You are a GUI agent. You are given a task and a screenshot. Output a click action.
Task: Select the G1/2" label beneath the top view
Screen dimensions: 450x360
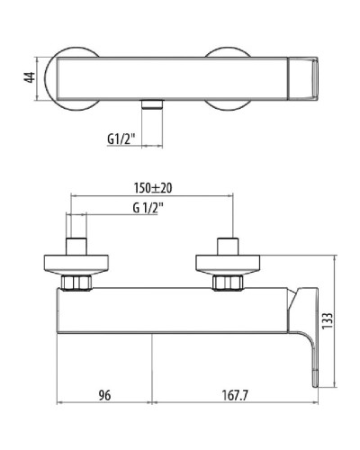point(121,139)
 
